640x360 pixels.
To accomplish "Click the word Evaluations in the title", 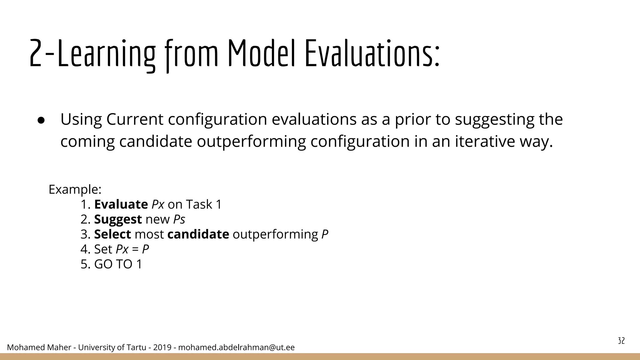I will tap(372, 53).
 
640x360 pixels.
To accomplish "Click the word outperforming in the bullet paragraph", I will tap(251, 141).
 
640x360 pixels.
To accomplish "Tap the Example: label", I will tap(75, 189).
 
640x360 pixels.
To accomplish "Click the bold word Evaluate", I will tap(121, 204).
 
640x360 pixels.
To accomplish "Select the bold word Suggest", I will tap(118, 219).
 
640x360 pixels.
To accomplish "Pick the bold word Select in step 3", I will tap(112, 234).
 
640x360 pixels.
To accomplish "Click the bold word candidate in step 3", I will tap(198, 234).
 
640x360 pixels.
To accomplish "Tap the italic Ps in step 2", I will tap(179, 219).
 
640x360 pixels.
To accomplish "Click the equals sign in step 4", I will tap(135, 249).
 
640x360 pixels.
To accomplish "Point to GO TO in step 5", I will tap(113, 264).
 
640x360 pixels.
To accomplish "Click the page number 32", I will tap(621, 341).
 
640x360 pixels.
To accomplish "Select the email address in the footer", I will tap(236, 347).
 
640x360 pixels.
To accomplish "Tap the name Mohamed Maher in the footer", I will tap(39, 347).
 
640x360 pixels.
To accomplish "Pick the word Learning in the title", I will tap(106, 53).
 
